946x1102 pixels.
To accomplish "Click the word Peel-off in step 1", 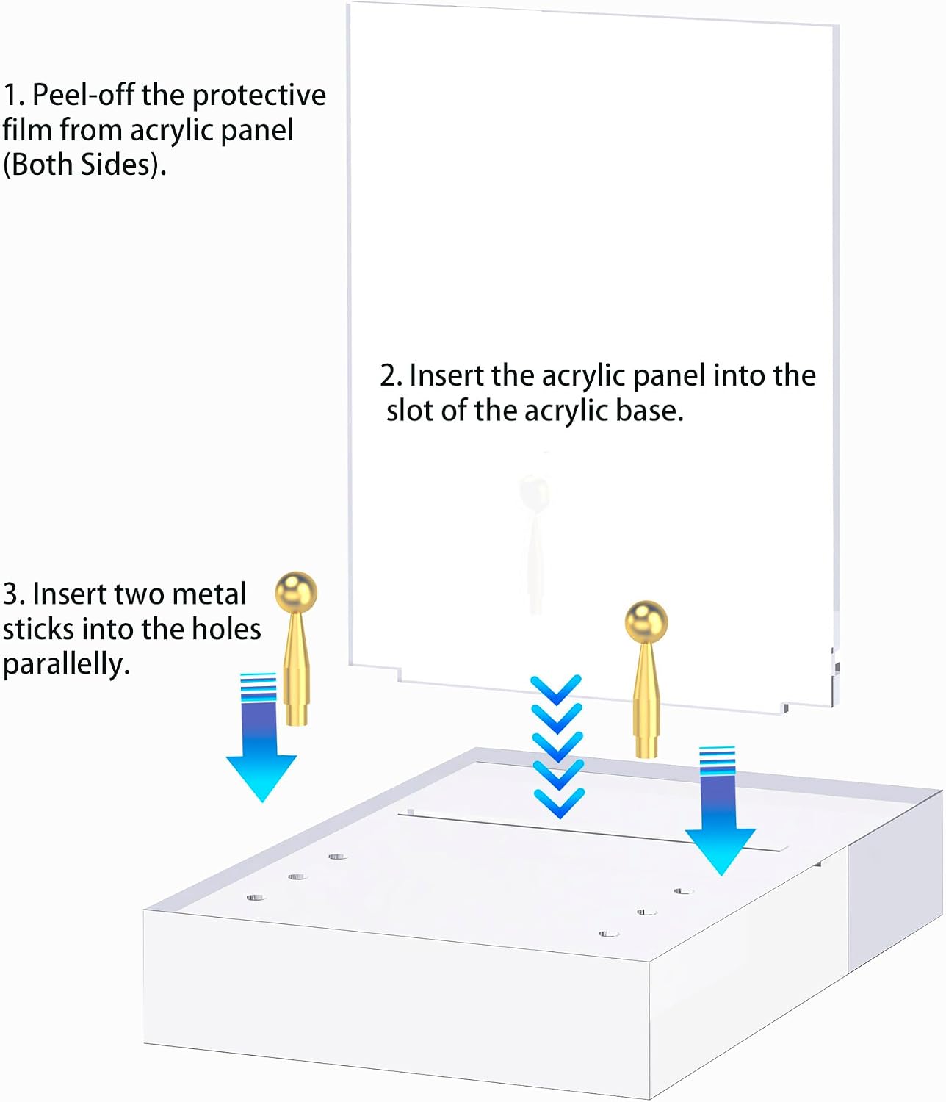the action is pyautogui.click(x=82, y=95).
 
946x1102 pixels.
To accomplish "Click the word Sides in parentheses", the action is pyautogui.click(x=115, y=165).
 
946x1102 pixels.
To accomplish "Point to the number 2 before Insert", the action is pyautogui.click(x=388, y=376).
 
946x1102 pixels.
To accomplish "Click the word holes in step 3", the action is pyautogui.click(x=226, y=629).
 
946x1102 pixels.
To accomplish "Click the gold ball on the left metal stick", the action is pyautogui.click(x=296, y=592).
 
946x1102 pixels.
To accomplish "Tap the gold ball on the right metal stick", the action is pyautogui.click(x=646, y=622).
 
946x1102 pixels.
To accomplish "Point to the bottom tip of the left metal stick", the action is pyautogui.click(x=297, y=725).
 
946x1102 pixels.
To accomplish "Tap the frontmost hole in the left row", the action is pyautogui.click(x=256, y=898).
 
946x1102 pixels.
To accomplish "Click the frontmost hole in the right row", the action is pyautogui.click(x=609, y=934).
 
